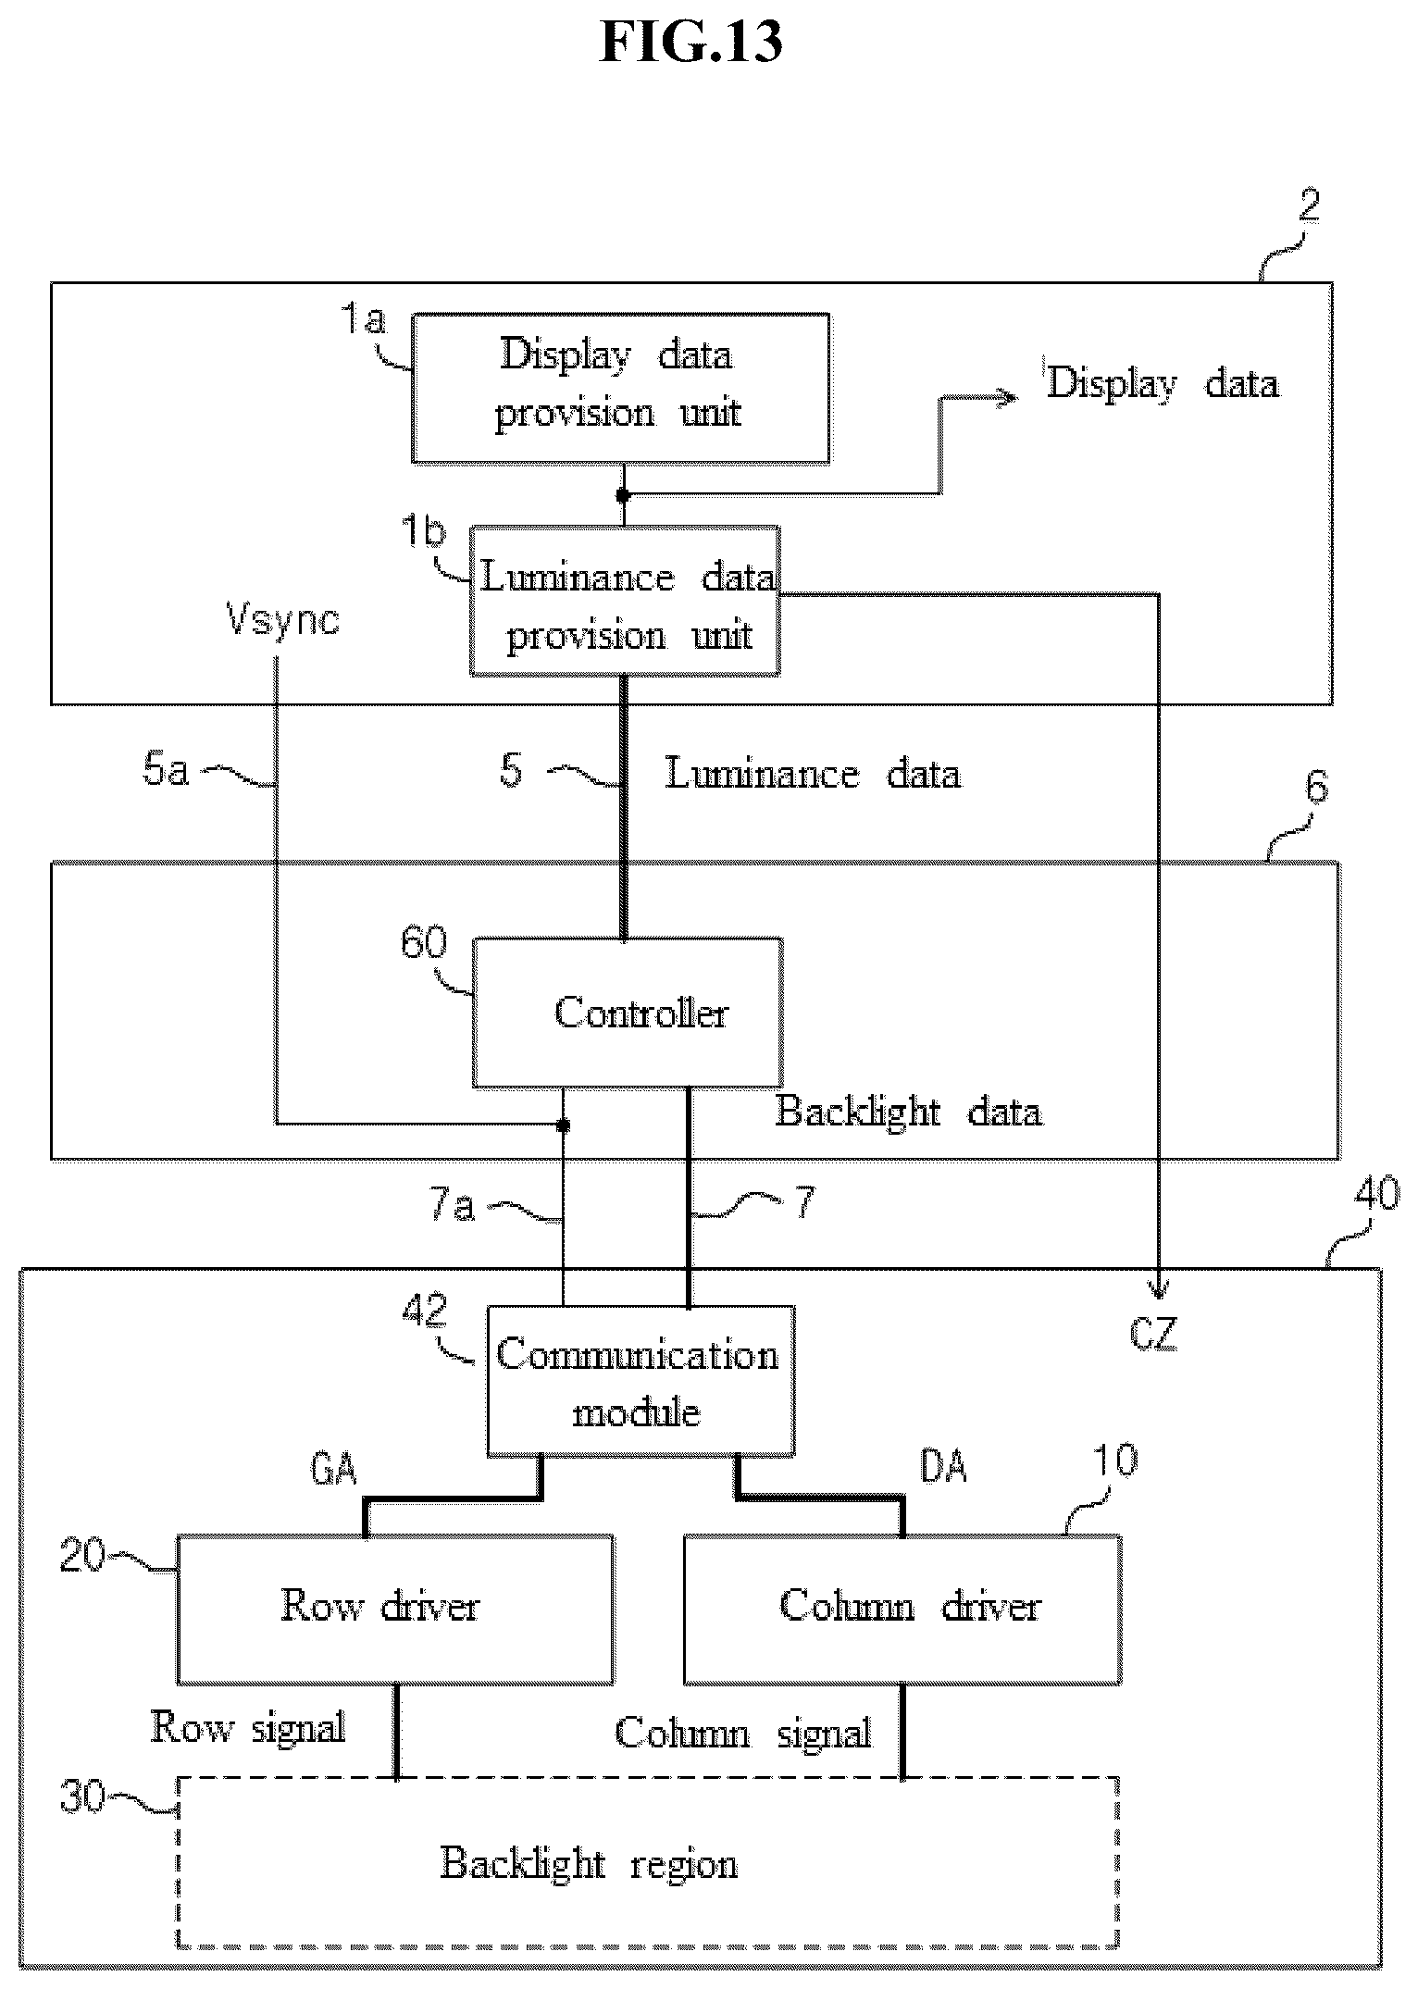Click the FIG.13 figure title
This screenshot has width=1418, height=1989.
pos(691,43)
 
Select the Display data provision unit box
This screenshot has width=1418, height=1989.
pos(620,388)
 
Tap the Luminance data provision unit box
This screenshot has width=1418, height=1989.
pos(625,602)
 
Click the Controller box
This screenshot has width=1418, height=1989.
pos(628,1013)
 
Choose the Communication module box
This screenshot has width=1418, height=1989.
pos(641,1381)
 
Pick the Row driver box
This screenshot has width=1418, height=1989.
pos(394,1610)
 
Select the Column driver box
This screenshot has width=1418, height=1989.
pos(902,1610)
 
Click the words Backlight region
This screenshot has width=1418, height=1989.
pos(589,1863)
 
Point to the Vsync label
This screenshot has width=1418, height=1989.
pos(283,619)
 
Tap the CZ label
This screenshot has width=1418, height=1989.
pos(1153,1334)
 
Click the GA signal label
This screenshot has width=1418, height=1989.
pos(333,1470)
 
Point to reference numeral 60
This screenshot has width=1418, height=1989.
pos(424,942)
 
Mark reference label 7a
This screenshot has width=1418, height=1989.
pos(453,1207)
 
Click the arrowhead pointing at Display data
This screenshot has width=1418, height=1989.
pos(1008,398)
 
